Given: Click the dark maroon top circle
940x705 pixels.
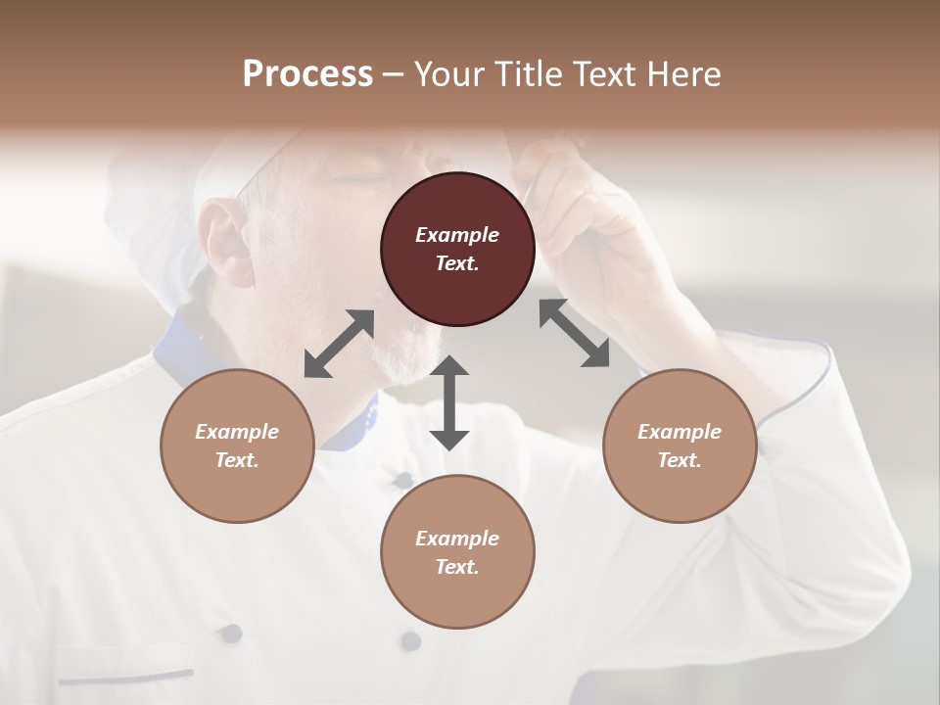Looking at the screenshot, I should pyautogui.click(x=457, y=250).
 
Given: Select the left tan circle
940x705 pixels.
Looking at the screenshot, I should pyautogui.click(x=237, y=446).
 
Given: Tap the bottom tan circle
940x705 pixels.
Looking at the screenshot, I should pyautogui.click(x=457, y=551).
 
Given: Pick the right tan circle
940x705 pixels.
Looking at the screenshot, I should pyautogui.click(x=679, y=446).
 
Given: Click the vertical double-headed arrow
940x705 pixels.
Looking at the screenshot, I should pyautogui.click(x=449, y=402).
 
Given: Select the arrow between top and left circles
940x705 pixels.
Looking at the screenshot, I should pyautogui.click(x=339, y=344).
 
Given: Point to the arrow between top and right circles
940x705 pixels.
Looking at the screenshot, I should pyautogui.click(x=574, y=333).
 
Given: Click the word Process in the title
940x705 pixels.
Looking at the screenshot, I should pyautogui.click(x=307, y=74).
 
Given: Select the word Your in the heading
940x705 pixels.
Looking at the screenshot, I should pyautogui.click(x=446, y=74).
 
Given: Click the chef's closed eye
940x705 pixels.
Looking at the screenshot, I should pyautogui.click(x=358, y=179).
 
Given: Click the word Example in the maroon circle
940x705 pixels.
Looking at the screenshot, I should pyautogui.click(x=457, y=235).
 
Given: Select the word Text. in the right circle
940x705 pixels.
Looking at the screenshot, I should pyautogui.click(x=679, y=460).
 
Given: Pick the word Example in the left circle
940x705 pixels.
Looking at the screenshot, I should pyautogui.click(x=237, y=432).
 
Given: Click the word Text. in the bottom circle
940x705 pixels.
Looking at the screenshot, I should pyautogui.click(x=457, y=567).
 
